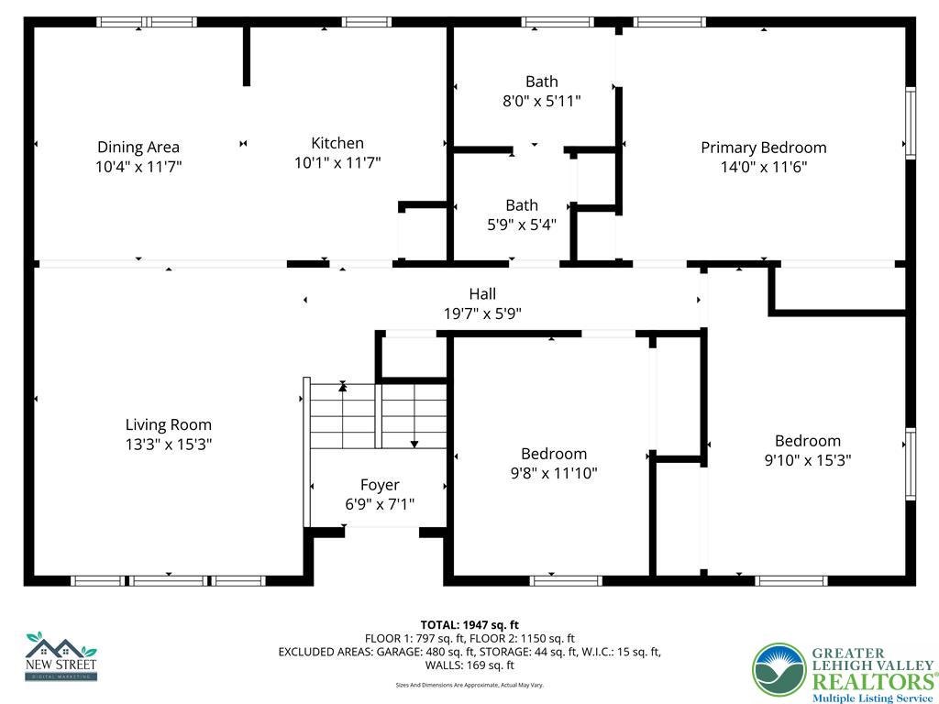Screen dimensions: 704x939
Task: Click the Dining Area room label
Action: pyautogui.click(x=138, y=147)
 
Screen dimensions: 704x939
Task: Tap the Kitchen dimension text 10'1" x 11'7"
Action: pyautogui.click(x=337, y=163)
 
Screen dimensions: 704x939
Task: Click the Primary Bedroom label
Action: pyautogui.click(x=763, y=148)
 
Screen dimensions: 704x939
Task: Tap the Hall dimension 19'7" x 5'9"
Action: pyautogui.click(x=482, y=313)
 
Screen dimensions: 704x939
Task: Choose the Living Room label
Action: pyautogui.click(x=169, y=424)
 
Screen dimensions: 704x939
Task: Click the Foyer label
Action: pyautogui.click(x=379, y=485)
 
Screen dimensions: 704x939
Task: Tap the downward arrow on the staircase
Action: pyautogui.click(x=414, y=443)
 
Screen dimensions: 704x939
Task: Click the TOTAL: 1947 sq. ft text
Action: pyautogui.click(x=469, y=625)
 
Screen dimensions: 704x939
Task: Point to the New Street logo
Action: pyautogui.click(x=61, y=656)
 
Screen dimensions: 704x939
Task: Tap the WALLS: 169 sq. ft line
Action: pyautogui.click(x=469, y=665)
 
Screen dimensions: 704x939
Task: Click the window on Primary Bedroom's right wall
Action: pyautogui.click(x=911, y=123)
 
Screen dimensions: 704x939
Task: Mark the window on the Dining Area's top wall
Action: pyautogui.click(x=147, y=22)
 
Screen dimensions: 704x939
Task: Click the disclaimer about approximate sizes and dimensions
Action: pyautogui.click(x=469, y=685)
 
